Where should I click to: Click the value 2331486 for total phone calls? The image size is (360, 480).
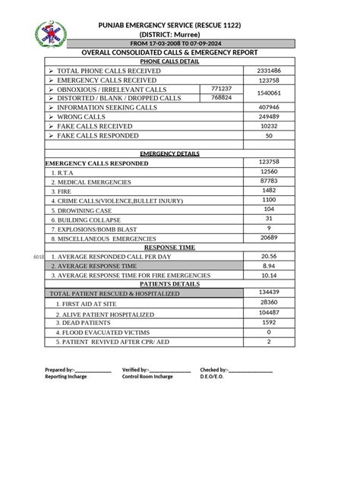[x=269, y=70]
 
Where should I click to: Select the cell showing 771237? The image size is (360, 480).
[x=221, y=89]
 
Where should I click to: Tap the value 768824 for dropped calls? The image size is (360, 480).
[x=221, y=98]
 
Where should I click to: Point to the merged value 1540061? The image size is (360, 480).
[x=269, y=93]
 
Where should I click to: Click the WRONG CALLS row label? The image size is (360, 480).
[x=81, y=117]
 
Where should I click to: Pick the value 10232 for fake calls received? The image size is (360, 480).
[x=269, y=126]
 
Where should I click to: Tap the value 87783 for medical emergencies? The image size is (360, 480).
[x=269, y=181]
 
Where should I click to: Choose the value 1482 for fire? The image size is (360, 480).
[x=269, y=190]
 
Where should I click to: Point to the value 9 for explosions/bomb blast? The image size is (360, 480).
[x=269, y=228]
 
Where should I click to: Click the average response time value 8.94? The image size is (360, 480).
[x=269, y=267]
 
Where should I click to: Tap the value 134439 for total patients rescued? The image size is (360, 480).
[x=269, y=292]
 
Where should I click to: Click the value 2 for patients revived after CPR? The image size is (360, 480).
[x=269, y=342]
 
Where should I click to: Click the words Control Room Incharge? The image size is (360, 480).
[x=147, y=376]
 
